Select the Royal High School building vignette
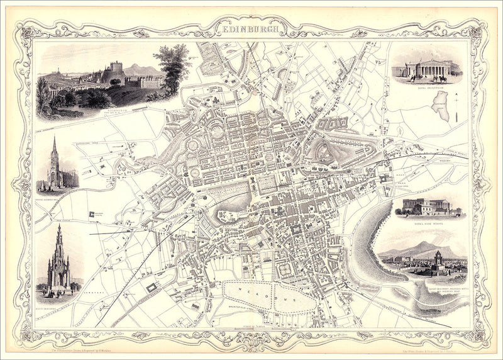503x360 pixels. click(x=427, y=206)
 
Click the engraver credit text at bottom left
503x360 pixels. click(x=85, y=346)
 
